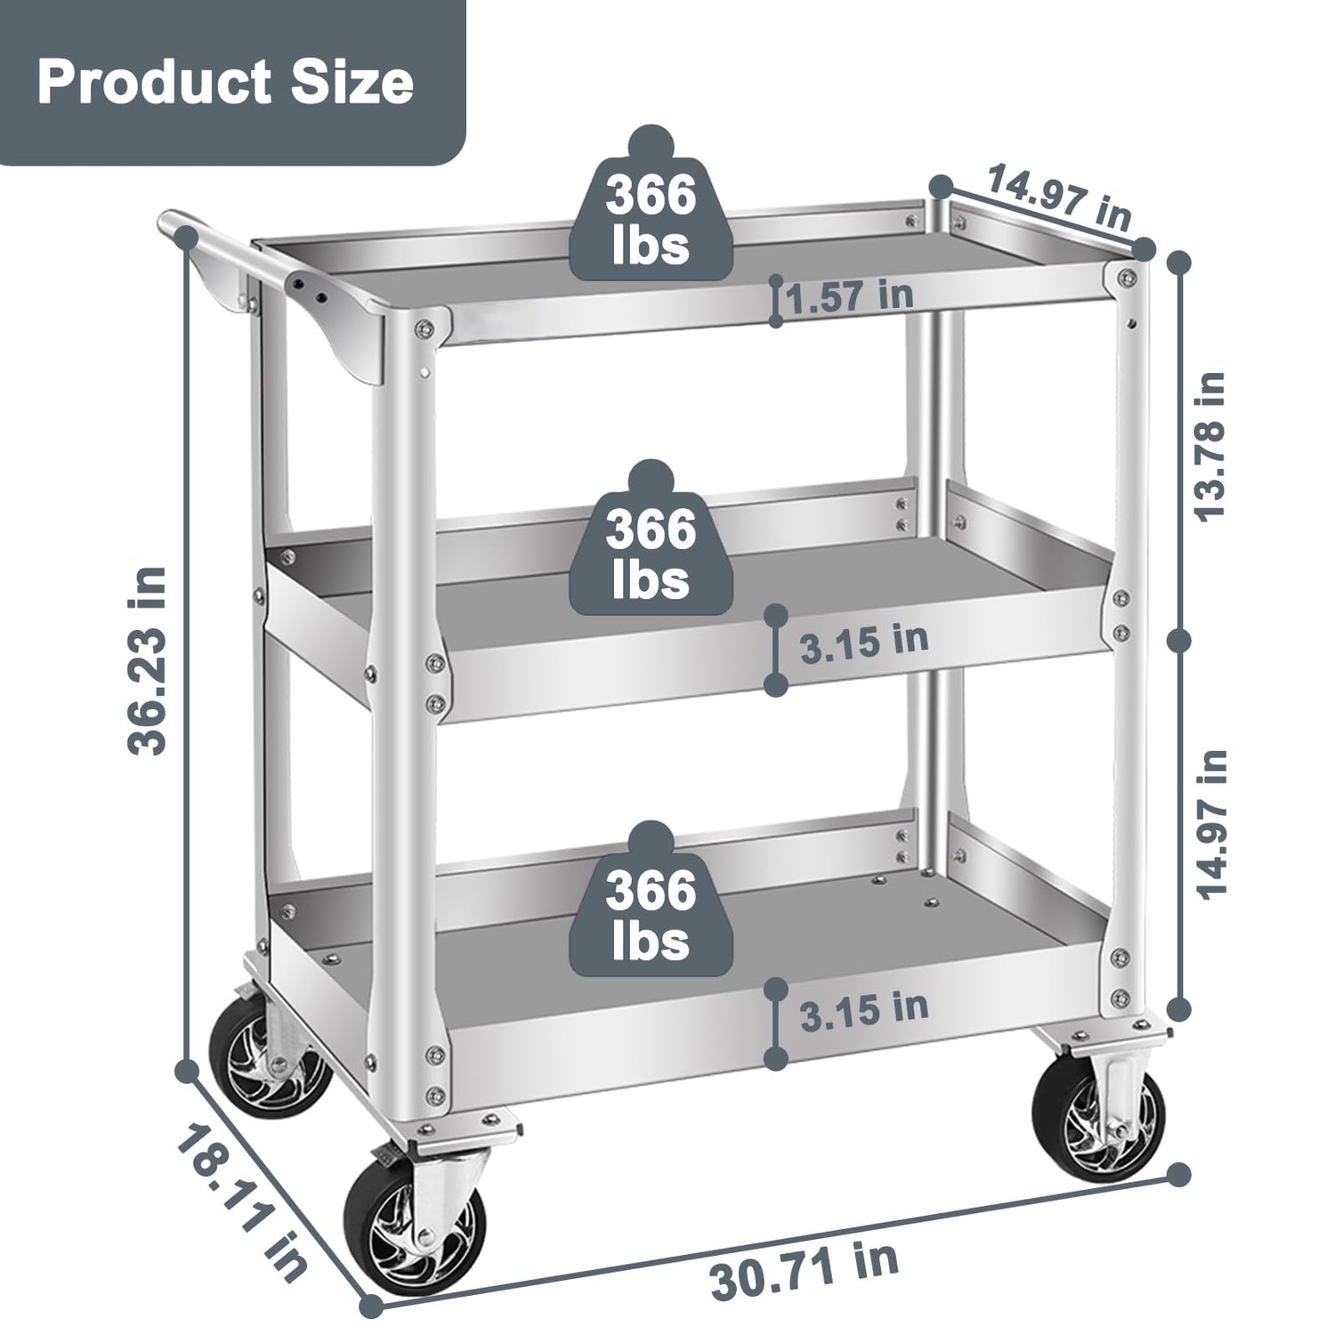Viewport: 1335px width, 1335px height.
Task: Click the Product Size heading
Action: coord(225,82)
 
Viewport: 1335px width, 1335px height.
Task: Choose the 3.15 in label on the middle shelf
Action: coord(863,642)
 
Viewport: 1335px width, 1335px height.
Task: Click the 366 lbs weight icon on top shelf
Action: coord(651,211)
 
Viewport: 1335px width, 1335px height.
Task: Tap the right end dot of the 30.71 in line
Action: coord(1180,1174)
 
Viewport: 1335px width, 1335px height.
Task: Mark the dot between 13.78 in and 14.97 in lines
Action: coord(1180,640)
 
